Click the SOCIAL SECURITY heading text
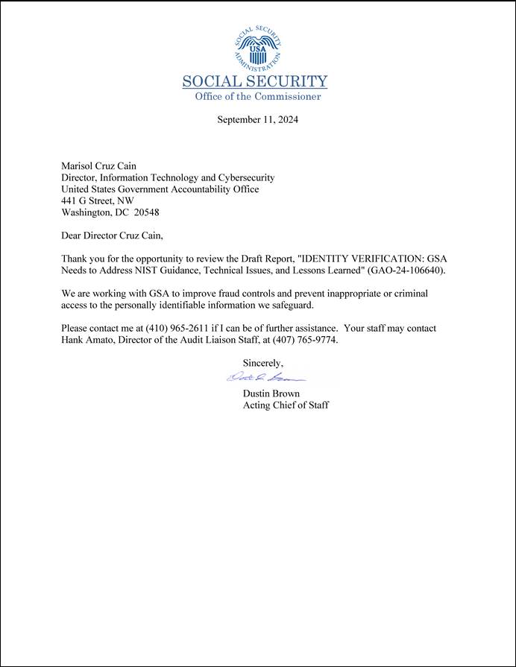255,82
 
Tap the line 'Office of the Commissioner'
258,97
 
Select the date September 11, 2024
257,119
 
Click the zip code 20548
146,212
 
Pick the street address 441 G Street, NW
98,201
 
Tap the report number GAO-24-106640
411,270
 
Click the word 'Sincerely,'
263,363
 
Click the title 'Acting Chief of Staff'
286,405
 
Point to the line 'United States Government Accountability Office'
160,189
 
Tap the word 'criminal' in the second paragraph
410,294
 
